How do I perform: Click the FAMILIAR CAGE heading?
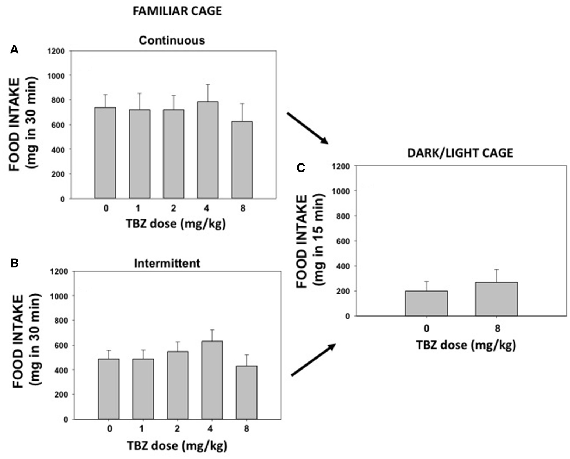[177, 11]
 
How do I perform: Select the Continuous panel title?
[172, 40]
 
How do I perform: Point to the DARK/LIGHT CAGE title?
[460, 153]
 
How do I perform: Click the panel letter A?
[14, 50]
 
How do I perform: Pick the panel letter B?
[14, 263]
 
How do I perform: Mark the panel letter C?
[301, 168]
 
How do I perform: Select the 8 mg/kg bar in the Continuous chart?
[242, 160]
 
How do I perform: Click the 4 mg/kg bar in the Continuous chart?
[207, 150]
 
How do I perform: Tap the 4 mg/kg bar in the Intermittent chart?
[212, 380]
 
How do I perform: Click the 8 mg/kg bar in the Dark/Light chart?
[496, 299]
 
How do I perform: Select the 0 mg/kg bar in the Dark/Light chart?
[426, 303]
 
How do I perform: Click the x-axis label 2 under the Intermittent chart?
[177, 429]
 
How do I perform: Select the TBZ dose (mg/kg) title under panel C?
[466, 345]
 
